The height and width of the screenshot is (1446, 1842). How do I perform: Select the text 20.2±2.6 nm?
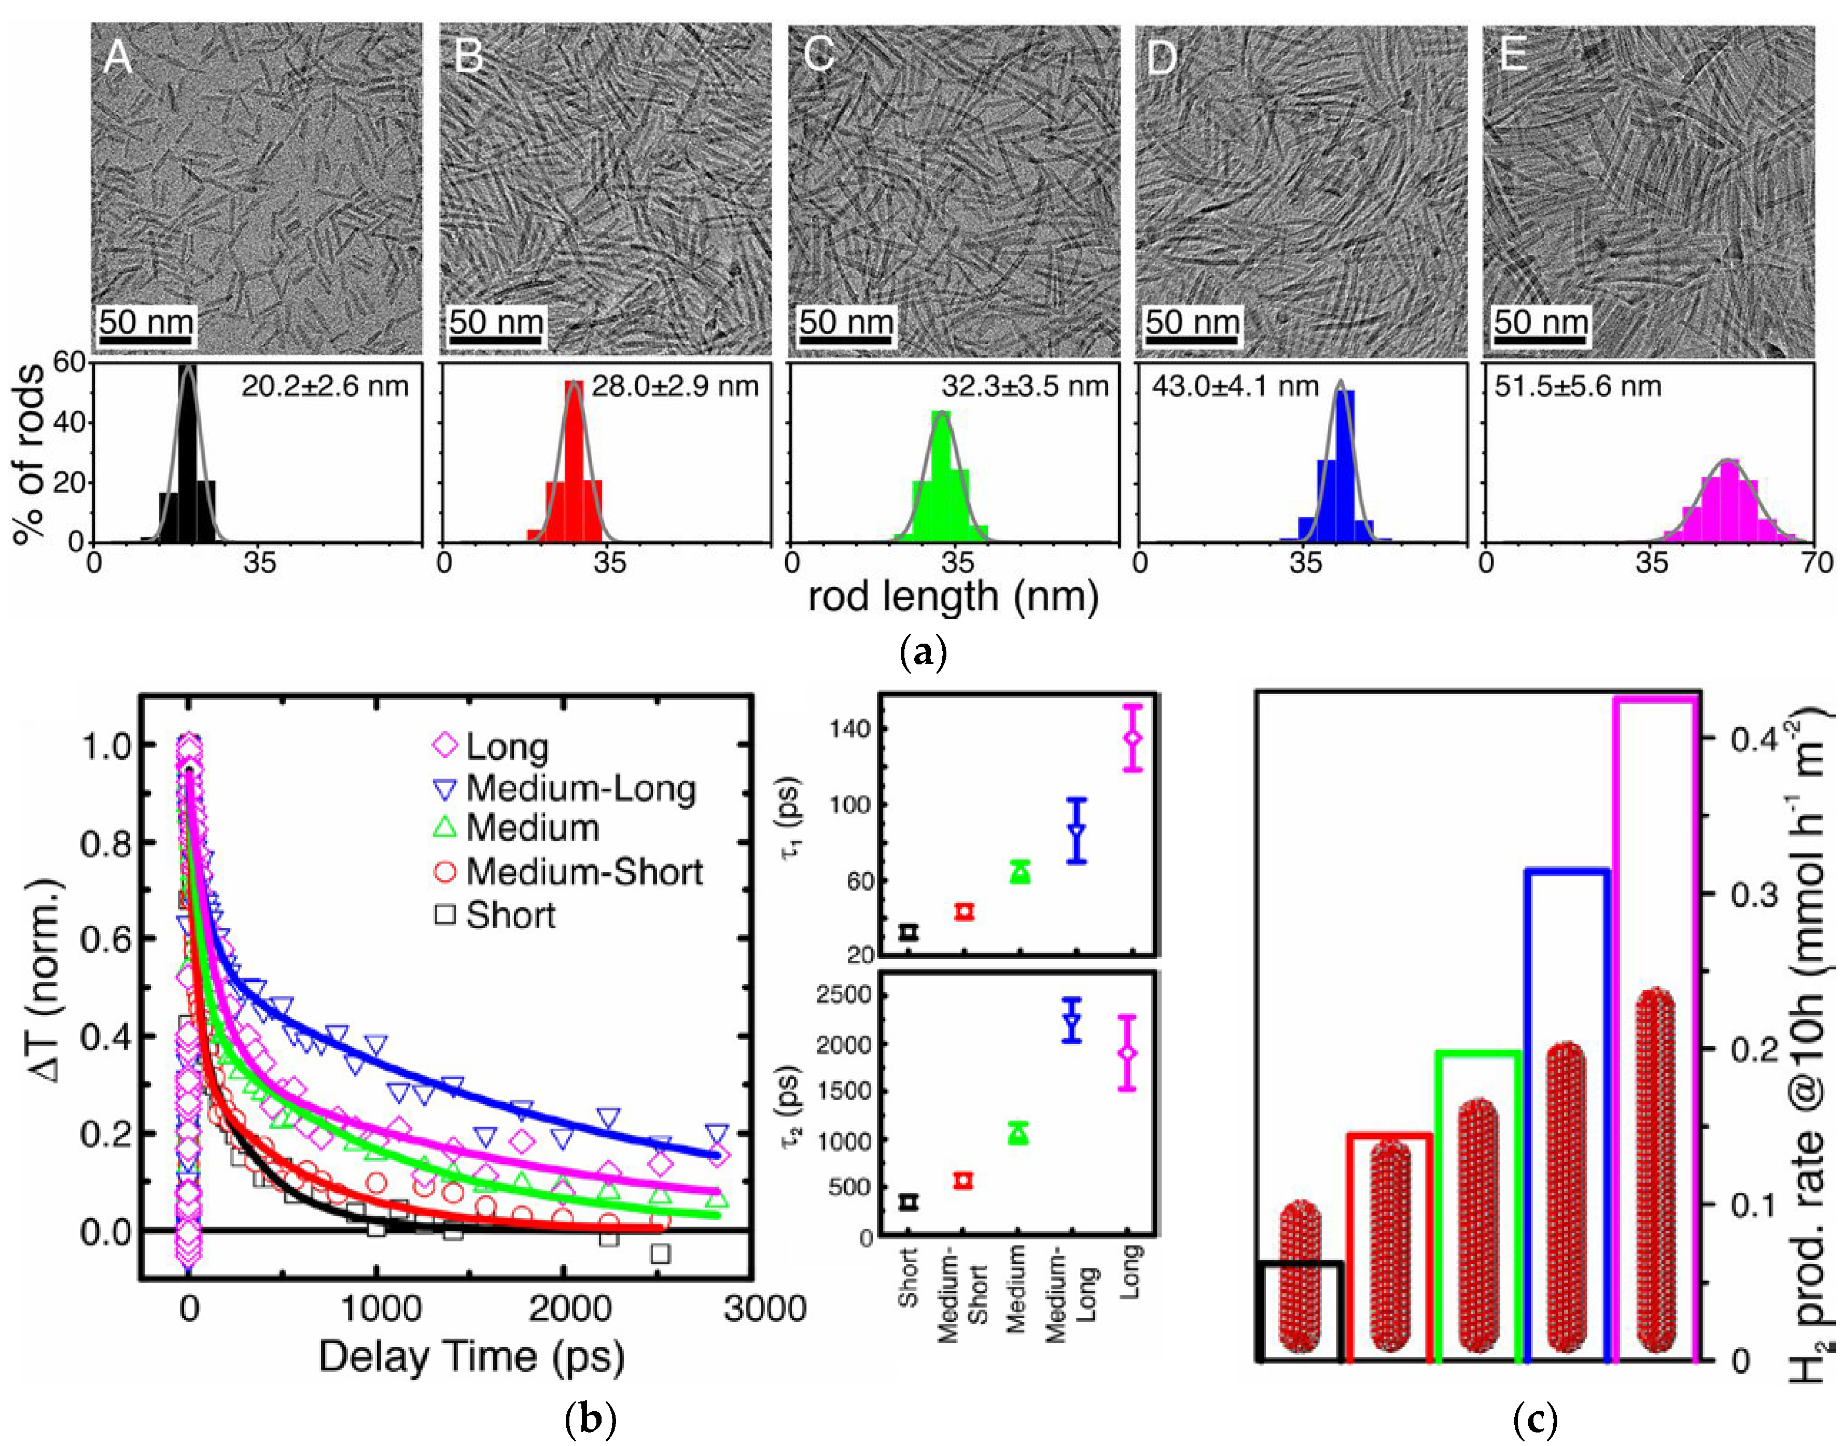click(324, 387)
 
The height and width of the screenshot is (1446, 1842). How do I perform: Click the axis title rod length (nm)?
click(953, 597)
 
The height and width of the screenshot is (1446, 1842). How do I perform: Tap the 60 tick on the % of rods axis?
click(70, 363)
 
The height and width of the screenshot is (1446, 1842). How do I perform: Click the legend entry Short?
click(510, 916)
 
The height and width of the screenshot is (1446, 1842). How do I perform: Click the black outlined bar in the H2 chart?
click(1300, 1311)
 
